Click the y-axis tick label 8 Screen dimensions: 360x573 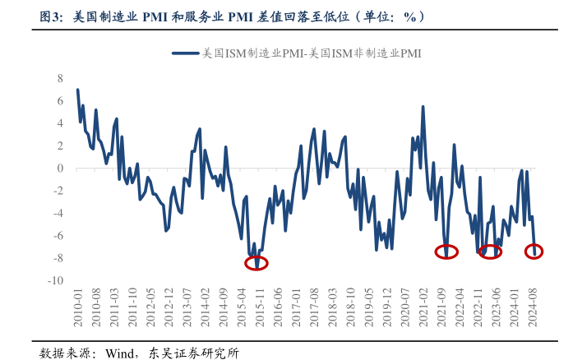(x=59, y=78)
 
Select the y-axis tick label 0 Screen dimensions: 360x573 (x=59, y=168)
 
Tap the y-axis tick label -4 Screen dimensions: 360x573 (x=57, y=213)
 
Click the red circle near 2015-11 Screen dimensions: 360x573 (x=256, y=263)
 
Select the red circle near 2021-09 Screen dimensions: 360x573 (x=446, y=252)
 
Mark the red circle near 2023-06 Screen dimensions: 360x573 (x=490, y=252)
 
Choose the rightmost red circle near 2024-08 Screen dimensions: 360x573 (x=534, y=252)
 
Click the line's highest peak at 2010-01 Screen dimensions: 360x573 (x=77, y=90)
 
